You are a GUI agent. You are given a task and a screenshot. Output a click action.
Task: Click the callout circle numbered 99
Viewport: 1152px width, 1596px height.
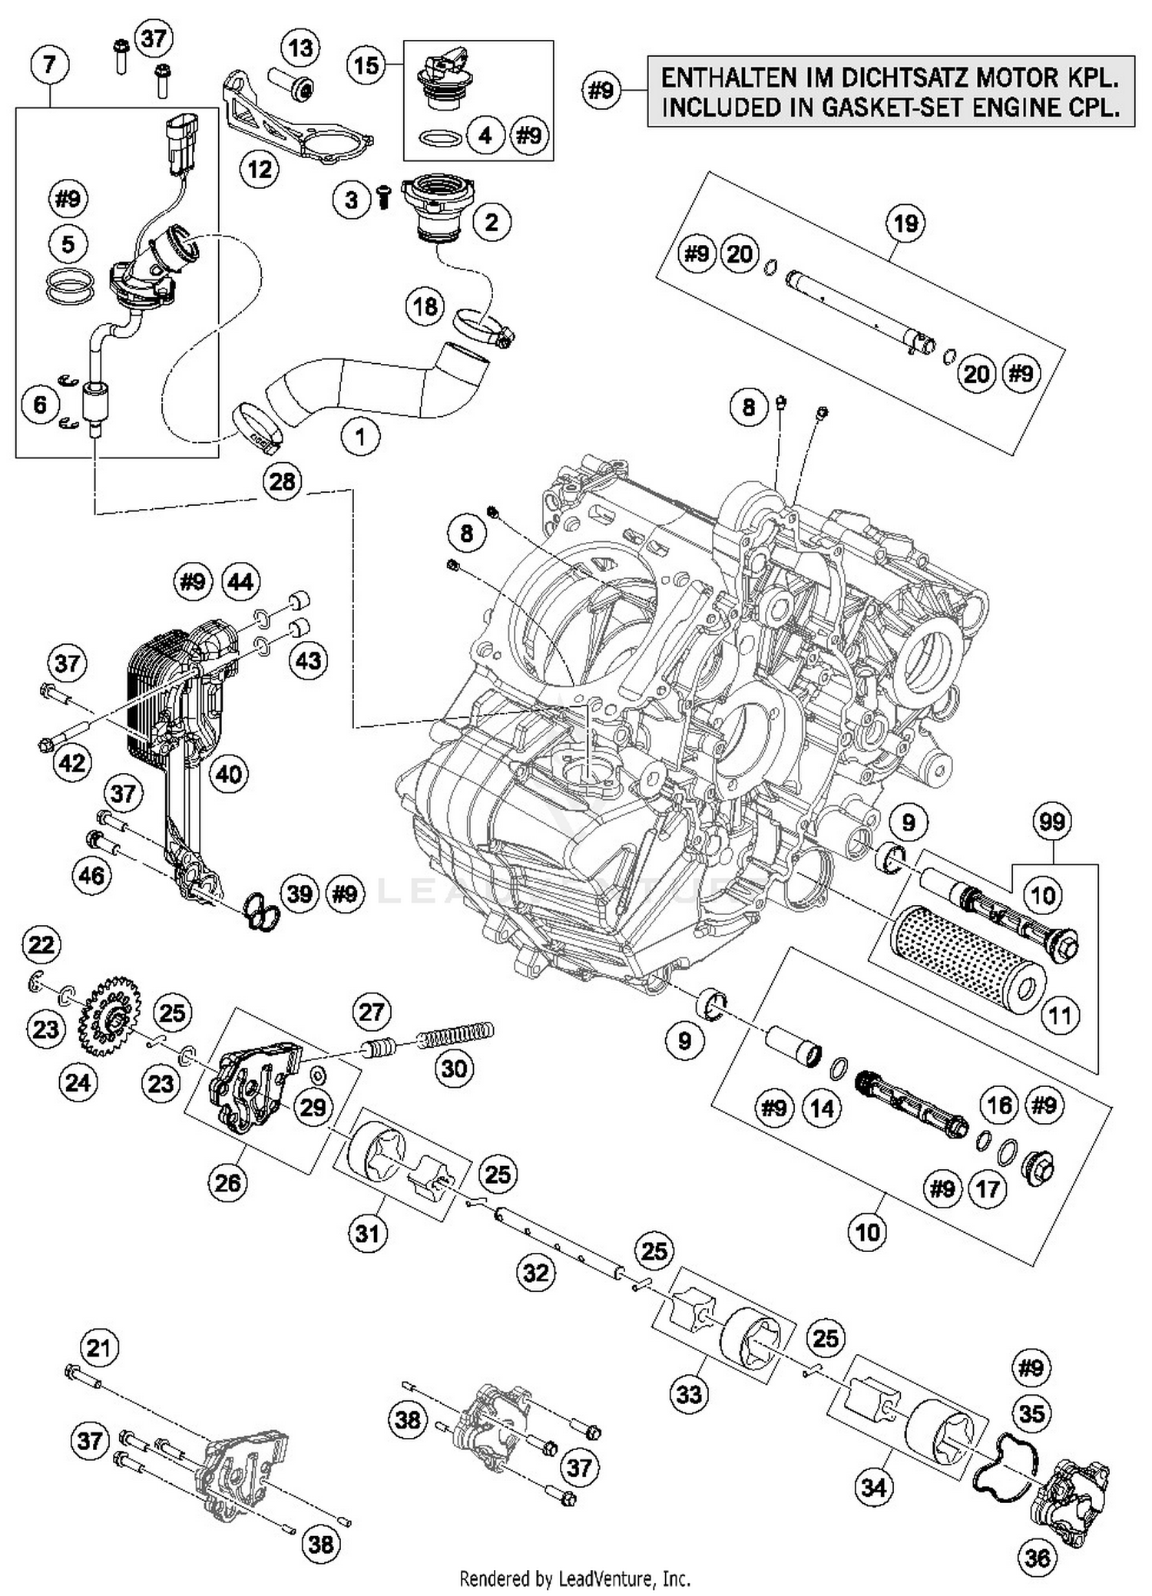pos(1052,822)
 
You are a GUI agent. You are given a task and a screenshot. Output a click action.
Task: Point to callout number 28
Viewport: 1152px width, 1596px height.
pos(282,482)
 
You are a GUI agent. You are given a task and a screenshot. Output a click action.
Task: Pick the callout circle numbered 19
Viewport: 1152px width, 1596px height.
pos(905,224)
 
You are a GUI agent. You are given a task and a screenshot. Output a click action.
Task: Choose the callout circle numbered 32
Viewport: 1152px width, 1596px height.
pos(535,1273)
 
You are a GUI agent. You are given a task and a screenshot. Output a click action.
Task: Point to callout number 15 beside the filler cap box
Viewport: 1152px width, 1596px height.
pos(366,65)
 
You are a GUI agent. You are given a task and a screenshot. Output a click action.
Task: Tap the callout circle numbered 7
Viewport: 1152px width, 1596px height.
pos(50,64)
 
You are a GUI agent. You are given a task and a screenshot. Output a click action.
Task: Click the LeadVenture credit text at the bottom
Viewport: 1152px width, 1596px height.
pos(574,1579)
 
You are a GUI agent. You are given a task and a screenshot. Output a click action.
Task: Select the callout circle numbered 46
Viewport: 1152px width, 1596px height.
pos(91,874)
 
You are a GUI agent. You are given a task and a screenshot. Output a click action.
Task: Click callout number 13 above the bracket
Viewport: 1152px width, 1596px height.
pos(300,48)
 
